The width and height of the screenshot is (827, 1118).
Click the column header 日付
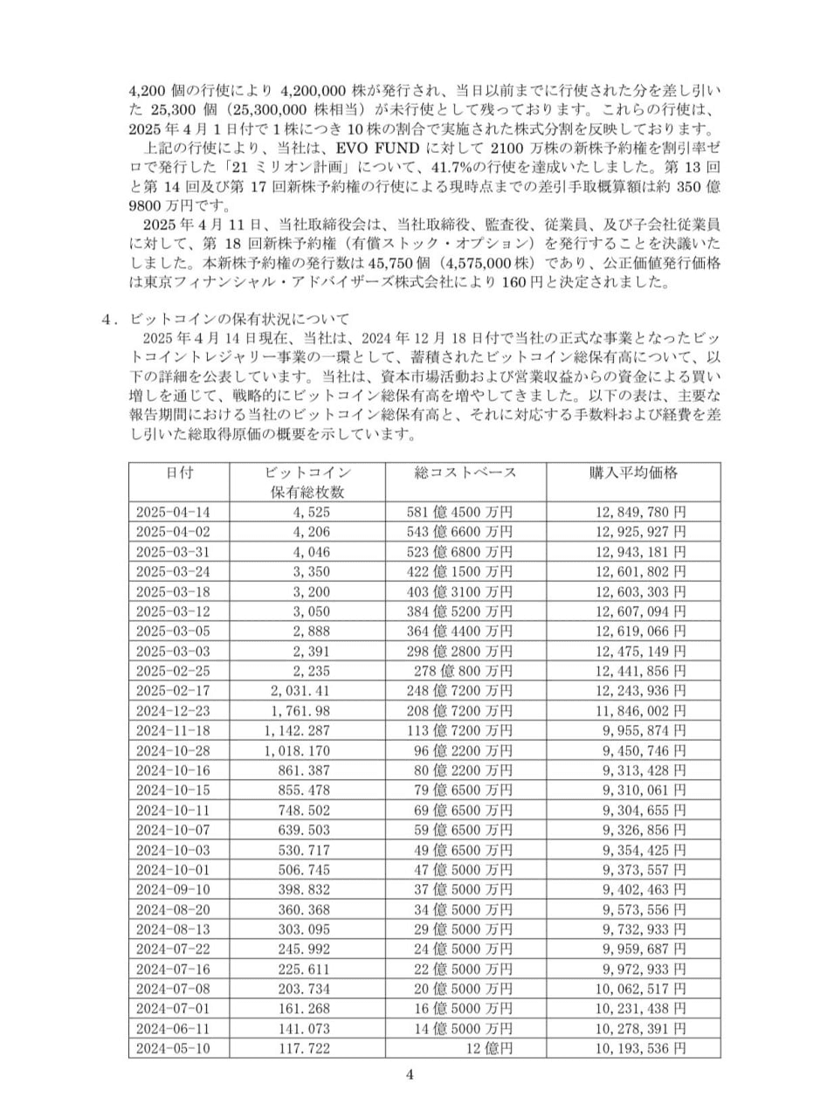point(179,473)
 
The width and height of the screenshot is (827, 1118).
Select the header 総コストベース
point(465,473)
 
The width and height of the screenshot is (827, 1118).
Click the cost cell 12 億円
point(488,1048)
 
